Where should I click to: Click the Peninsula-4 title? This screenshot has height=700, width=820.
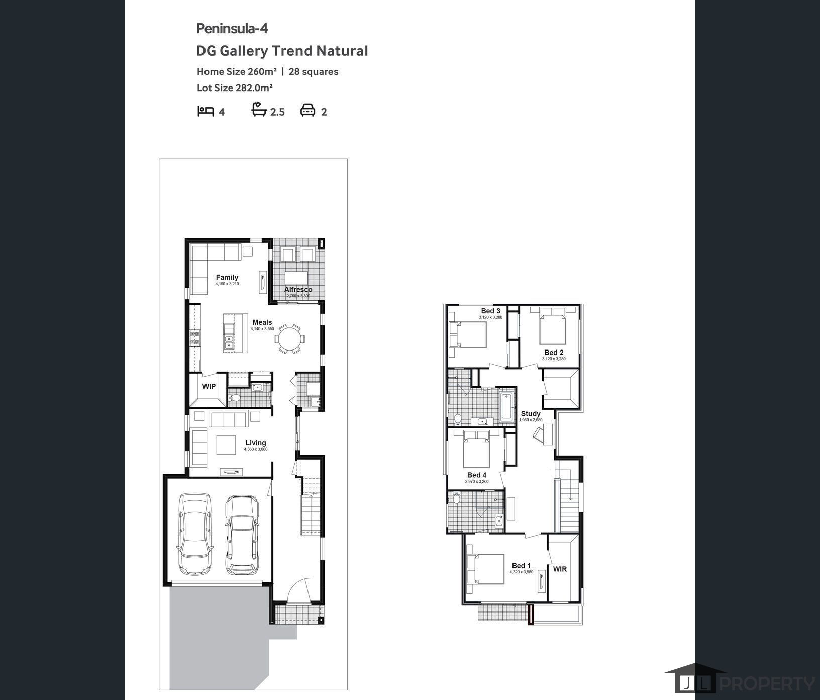[232, 29]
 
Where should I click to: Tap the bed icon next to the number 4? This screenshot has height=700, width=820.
[206, 111]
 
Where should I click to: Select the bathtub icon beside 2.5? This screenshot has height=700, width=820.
[259, 110]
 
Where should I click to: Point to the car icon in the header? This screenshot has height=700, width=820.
[307, 110]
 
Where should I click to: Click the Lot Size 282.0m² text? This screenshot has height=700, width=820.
[235, 87]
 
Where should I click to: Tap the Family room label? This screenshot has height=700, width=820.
[227, 277]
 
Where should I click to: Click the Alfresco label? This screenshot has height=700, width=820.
[298, 289]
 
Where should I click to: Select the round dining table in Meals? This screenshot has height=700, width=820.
[289, 338]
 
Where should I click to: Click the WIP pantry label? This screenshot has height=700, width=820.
[209, 386]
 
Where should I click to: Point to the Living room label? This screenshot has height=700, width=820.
[256, 443]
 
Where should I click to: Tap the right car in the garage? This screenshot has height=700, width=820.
[242, 535]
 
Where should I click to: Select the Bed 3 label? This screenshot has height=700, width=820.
[490, 311]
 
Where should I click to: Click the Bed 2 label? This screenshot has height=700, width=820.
[554, 353]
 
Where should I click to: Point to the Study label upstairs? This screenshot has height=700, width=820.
[531, 413]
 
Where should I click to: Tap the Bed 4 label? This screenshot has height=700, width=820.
[477, 475]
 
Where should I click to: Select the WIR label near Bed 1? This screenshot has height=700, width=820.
[560, 569]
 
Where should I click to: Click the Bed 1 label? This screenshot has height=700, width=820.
[521, 566]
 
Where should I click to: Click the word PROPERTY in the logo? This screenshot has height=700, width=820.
[767, 684]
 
